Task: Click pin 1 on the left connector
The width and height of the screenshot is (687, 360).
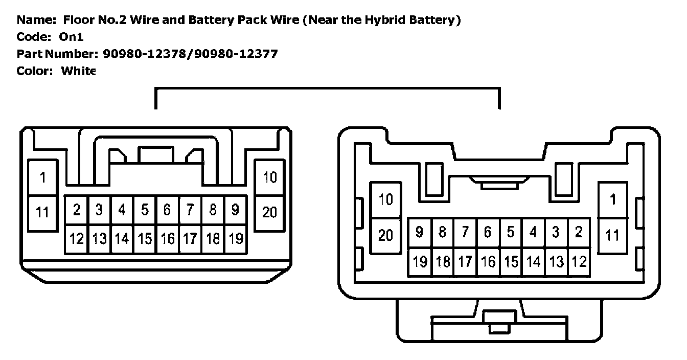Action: click(x=42, y=177)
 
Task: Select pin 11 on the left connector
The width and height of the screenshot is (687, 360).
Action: click(x=42, y=211)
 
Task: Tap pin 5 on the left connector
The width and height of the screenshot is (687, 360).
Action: click(x=145, y=210)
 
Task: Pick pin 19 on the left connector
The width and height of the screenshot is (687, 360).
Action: click(x=236, y=238)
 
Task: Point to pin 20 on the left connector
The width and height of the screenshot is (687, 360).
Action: click(x=269, y=211)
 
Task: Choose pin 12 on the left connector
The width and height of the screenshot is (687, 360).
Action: click(x=76, y=238)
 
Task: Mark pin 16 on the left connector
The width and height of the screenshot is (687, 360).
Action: click(x=167, y=238)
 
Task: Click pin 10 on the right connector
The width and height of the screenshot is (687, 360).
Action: click(x=386, y=199)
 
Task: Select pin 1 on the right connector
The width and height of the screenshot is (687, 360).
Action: click(x=612, y=199)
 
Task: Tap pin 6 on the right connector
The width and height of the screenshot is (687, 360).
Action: click(x=488, y=232)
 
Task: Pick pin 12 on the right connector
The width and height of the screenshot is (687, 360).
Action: click(x=579, y=262)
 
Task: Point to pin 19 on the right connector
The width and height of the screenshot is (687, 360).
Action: click(x=420, y=262)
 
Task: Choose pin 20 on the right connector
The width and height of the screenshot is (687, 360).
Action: click(x=386, y=235)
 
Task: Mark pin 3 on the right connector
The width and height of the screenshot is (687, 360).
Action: click(x=556, y=232)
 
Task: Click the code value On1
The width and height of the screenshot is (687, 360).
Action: click(x=72, y=37)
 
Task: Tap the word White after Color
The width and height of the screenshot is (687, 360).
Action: click(x=78, y=71)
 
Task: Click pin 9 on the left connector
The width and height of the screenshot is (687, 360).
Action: click(x=236, y=210)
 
